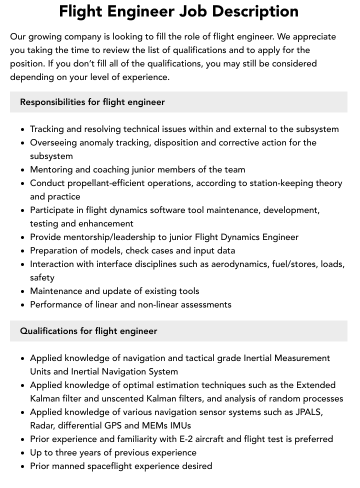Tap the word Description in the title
258,12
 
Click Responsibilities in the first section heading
52,102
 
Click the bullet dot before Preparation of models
23,251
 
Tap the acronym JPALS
308,412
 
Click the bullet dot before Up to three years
23,453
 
